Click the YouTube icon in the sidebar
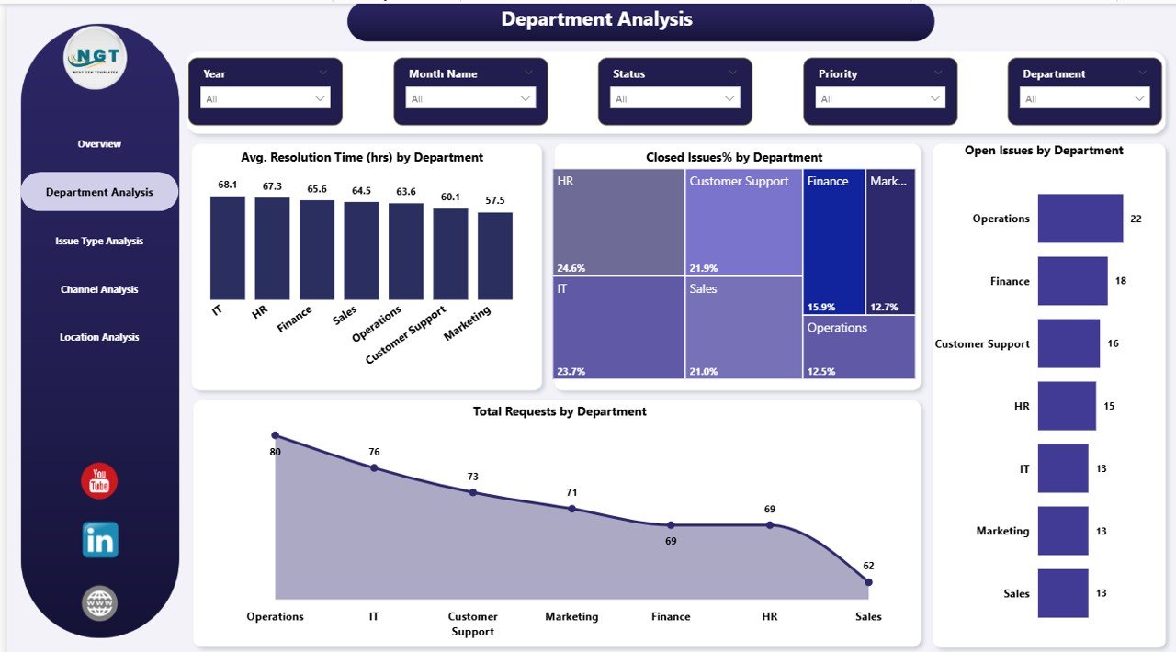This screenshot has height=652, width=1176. click(99, 481)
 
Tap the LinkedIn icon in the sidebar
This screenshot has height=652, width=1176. click(99, 541)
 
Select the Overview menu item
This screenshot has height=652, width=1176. click(99, 144)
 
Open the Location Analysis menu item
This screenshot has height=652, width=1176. click(99, 337)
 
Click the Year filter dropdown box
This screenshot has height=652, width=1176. click(266, 98)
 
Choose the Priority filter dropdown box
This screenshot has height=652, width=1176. click(880, 98)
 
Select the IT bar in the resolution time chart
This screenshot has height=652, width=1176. click(227, 248)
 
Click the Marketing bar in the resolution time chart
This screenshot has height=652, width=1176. click(495, 255)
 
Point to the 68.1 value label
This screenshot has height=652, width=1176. click(228, 185)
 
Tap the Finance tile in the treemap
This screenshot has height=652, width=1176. click(834, 241)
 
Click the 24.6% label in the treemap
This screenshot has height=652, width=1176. click(571, 268)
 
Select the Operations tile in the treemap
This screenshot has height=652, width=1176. click(859, 346)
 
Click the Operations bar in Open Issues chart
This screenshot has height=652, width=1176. click(1080, 219)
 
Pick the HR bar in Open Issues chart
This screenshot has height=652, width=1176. click(1067, 406)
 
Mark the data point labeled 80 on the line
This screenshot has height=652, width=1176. click(275, 435)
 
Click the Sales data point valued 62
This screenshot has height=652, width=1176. click(869, 581)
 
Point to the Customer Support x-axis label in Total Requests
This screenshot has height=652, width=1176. click(473, 624)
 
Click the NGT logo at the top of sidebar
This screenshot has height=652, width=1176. click(96, 58)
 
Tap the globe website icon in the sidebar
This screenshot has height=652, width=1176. click(99, 603)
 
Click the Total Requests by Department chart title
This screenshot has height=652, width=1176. click(560, 411)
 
